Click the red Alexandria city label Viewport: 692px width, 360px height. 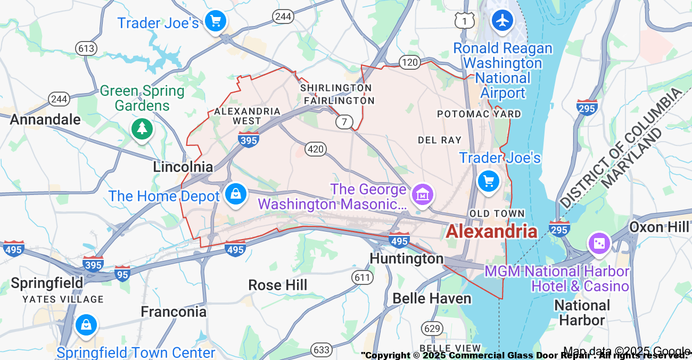pyautogui.click(x=491, y=231)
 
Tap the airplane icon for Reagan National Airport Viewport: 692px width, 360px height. pyautogui.click(x=502, y=20)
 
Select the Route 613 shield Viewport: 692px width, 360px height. pyautogui.click(x=86, y=48)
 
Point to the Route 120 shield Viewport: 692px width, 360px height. pyautogui.click(x=410, y=63)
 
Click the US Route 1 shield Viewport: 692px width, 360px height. pyautogui.click(x=465, y=21)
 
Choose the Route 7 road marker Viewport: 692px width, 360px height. pyautogui.click(x=344, y=122)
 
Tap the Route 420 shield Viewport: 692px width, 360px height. pyautogui.click(x=316, y=149)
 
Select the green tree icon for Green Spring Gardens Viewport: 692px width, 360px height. pyautogui.click(x=142, y=128)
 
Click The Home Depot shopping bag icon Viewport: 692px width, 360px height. pyautogui.click(x=235, y=193)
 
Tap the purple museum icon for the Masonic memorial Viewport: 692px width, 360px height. pyautogui.click(x=423, y=194)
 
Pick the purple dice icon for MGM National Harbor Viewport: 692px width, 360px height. pyautogui.click(x=598, y=243)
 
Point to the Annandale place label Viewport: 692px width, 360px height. pyautogui.click(x=45, y=119)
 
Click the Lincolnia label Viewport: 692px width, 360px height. pyautogui.click(x=183, y=167)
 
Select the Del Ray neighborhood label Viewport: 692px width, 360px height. pyautogui.click(x=439, y=140)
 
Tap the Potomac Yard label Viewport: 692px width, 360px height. pyautogui.click(x=479, y=114)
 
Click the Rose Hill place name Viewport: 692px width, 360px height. pyautogui.click(x=278, y=285)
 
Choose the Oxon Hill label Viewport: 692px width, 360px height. pyautogui.click(x=659, y=227)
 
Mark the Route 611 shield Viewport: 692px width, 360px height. pyautogui.click(x=362, y=276)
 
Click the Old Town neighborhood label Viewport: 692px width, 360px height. pyautogui.click(x=497, y=214)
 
